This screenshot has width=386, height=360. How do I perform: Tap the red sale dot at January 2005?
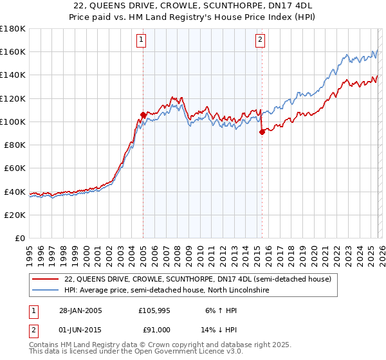pyautogui.click(x=143, y=114)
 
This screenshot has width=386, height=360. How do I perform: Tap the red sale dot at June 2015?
pyautogui.click(x=261, y=132)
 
